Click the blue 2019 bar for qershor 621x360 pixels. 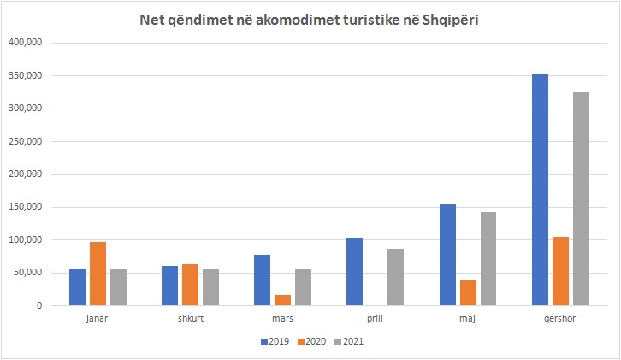(540, 190)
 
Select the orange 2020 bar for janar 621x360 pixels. (98, 274)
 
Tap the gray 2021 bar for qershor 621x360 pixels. (581, 202)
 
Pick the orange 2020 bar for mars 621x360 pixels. (282, 300)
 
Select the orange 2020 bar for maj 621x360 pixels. (468, 292)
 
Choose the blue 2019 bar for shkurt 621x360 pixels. (169, 286)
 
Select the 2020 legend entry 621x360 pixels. (311, 341)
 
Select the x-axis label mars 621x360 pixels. (282, 320)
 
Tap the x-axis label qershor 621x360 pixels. (560, 320)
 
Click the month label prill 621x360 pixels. (376, 320)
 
